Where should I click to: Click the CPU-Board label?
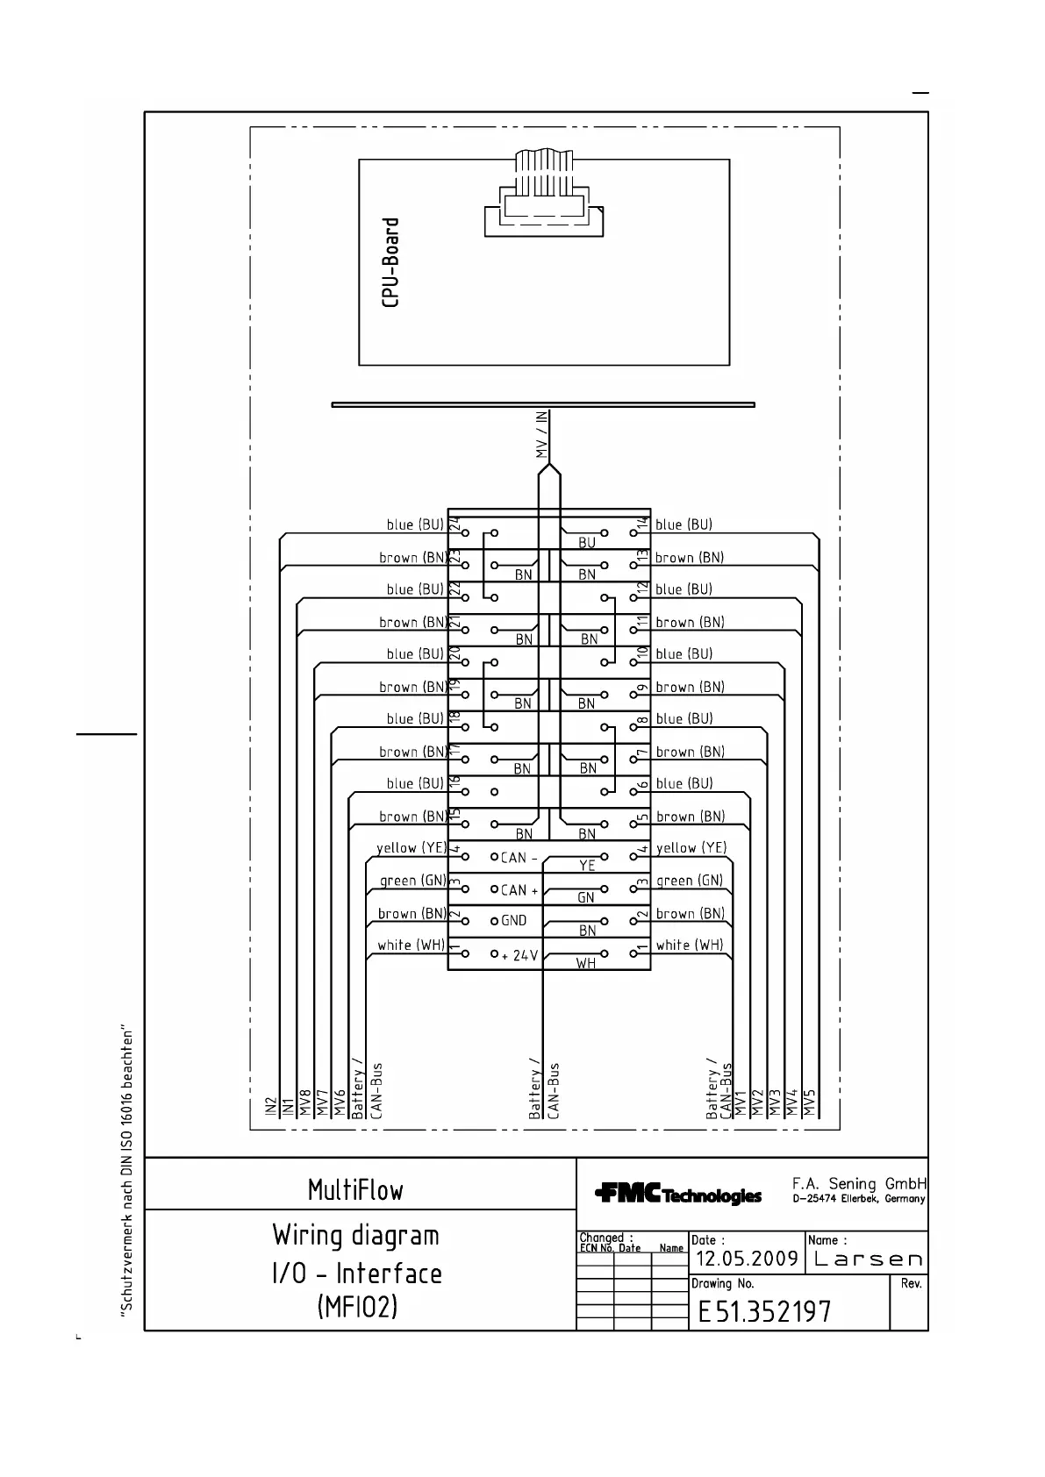tap(391, 262)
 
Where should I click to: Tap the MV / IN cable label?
tap(542, 435)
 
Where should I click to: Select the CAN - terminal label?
tap(519, 857)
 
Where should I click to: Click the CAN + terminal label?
tap(519, 889)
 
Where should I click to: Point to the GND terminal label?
tap(513, 920)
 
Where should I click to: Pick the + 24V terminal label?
tap(519, 954)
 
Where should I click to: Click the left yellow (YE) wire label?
tap(412, 847)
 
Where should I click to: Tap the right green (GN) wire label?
tap(690, 881)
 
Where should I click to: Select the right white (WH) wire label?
tap(690, 945)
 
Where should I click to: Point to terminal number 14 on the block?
tap(642, 523)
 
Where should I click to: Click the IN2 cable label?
tap(270, 1105)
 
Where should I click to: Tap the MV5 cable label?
tap(810, 1102)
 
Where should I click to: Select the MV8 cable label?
tap(304, 1102)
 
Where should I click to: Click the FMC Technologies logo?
tap(677, 1194)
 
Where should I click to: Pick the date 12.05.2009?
tap(747, 1259)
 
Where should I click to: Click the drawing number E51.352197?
tap(764, 1311)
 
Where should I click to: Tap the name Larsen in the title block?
tap(868, 1259)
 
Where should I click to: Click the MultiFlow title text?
tap(355, 1190)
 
